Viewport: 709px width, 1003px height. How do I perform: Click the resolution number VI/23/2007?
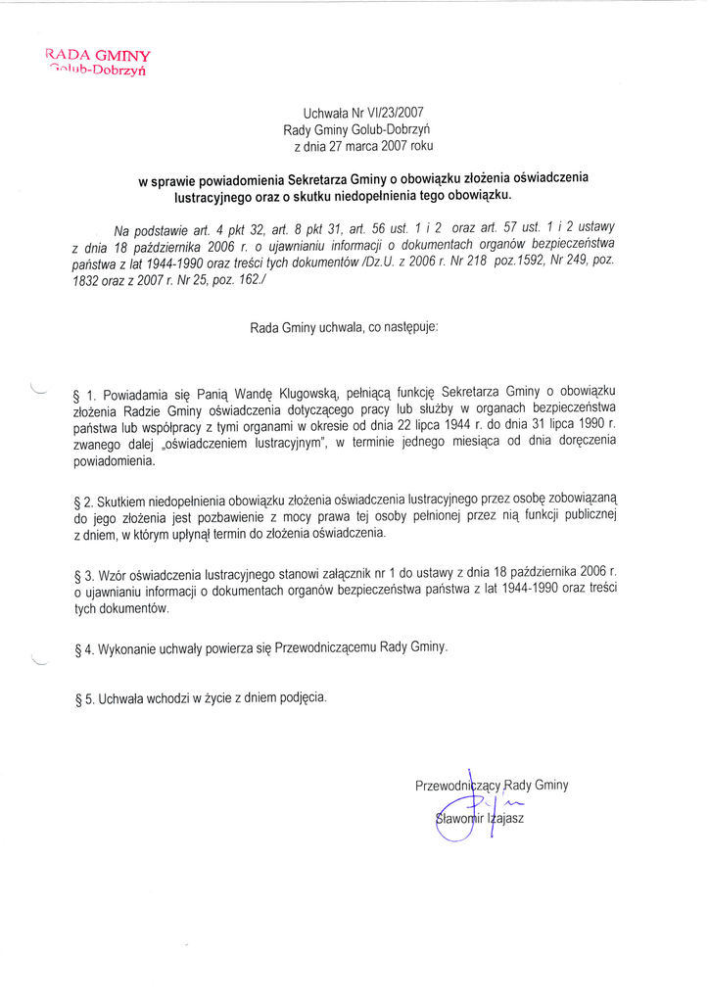coord(393,114)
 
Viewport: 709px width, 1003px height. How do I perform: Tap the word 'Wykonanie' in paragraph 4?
coord(128,648)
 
